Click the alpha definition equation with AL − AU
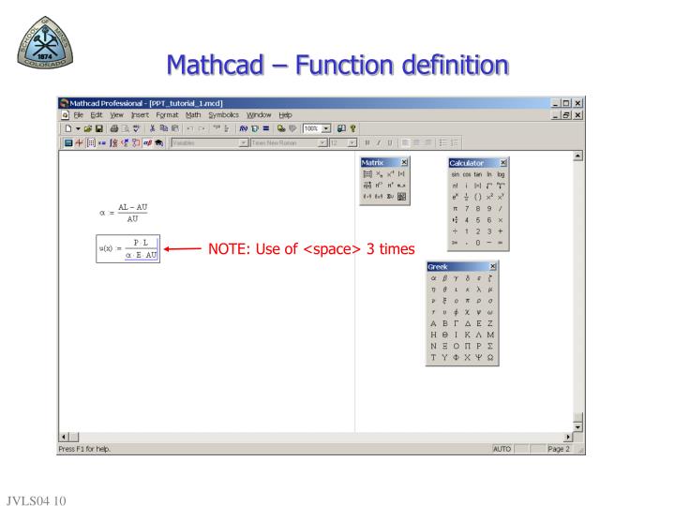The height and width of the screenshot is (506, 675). coord(120,213)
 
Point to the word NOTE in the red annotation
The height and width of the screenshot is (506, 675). coord(230,249)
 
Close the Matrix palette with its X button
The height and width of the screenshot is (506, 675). coord(404,163)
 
